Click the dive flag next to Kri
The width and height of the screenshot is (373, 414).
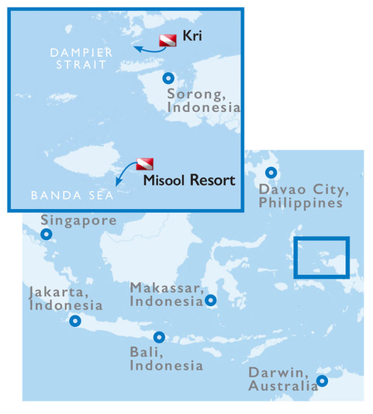168,40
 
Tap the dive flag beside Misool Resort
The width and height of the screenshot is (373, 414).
145,165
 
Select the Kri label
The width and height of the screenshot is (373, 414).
192,37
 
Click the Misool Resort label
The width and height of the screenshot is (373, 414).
189,181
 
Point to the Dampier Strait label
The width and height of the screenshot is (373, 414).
81,58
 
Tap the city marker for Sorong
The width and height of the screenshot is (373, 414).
168,78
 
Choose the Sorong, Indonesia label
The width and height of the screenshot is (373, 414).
203,102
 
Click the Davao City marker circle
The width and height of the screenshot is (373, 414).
271,173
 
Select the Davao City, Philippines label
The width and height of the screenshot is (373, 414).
301,196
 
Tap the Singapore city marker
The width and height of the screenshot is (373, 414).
47,234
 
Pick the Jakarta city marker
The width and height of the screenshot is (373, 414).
75,320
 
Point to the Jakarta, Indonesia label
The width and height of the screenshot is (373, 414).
65,298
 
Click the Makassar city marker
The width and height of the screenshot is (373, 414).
211,300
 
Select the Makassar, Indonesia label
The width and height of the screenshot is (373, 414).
166,294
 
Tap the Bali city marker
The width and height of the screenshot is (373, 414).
159,337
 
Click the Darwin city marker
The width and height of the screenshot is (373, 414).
322,381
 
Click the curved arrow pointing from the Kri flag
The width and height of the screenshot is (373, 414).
144,49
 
